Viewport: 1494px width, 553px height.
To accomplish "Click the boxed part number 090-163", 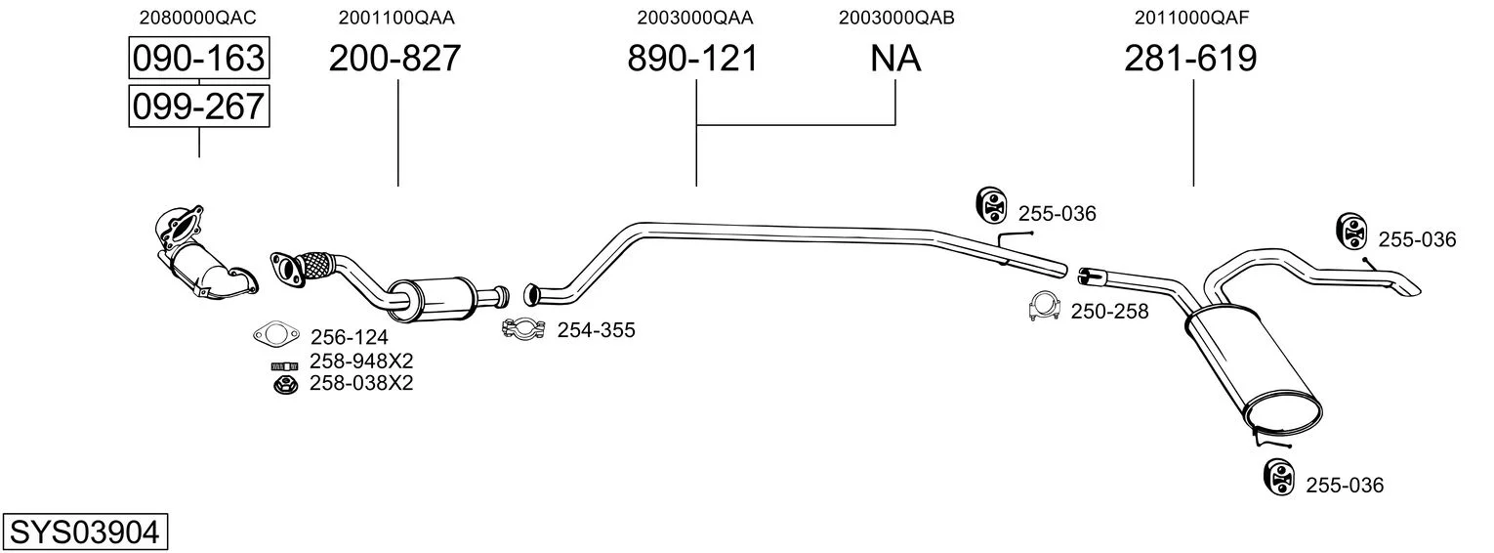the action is click(x=199, y=58).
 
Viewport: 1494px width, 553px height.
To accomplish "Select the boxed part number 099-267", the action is click(x=199, y=106).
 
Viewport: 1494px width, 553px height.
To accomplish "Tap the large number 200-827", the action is click(x=394, y=58).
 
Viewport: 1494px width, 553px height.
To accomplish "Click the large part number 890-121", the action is click(x=693, y=58).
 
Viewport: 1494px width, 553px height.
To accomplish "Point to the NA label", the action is click(x=895, y=58).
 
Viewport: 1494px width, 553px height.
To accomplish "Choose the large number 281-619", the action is click(x=1190, y=58).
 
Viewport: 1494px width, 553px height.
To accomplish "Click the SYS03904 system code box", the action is click(x=85, y=532).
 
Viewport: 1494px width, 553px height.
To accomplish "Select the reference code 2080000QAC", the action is click(x=197, y=18).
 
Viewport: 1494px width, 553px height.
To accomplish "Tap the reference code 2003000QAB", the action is click(x=896, y=18).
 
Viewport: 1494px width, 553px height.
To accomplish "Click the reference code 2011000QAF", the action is click(x=1192, y=18).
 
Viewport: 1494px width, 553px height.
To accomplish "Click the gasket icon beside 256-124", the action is click(x=275, y=334).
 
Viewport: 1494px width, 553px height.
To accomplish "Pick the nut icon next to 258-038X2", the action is click(x=286, y=384).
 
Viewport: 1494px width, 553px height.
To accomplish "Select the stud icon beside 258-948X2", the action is click(x=285, y=366).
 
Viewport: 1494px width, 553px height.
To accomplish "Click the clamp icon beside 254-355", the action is click(x=524, y=329).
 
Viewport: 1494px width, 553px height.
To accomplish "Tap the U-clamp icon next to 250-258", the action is click(x=1045, y=306).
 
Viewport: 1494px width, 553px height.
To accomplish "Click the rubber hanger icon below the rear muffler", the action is click(x=1278, y=478).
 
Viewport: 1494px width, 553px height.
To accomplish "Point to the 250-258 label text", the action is click(x=1110, y=312).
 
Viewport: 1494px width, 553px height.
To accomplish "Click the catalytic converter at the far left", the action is click(x=203, y=255).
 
